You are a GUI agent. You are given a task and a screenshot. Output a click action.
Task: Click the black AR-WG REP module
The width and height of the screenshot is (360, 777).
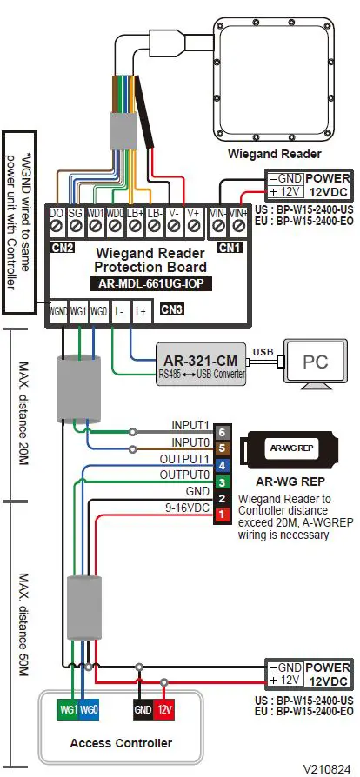tap(291, 448)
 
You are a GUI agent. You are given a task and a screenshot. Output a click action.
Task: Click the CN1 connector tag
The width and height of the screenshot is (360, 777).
tap(229, 247)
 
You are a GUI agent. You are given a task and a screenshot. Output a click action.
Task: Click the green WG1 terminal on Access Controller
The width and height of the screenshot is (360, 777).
tap(67, 711)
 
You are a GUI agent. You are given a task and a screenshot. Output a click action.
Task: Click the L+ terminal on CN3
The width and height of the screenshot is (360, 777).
tap(141, 310)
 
